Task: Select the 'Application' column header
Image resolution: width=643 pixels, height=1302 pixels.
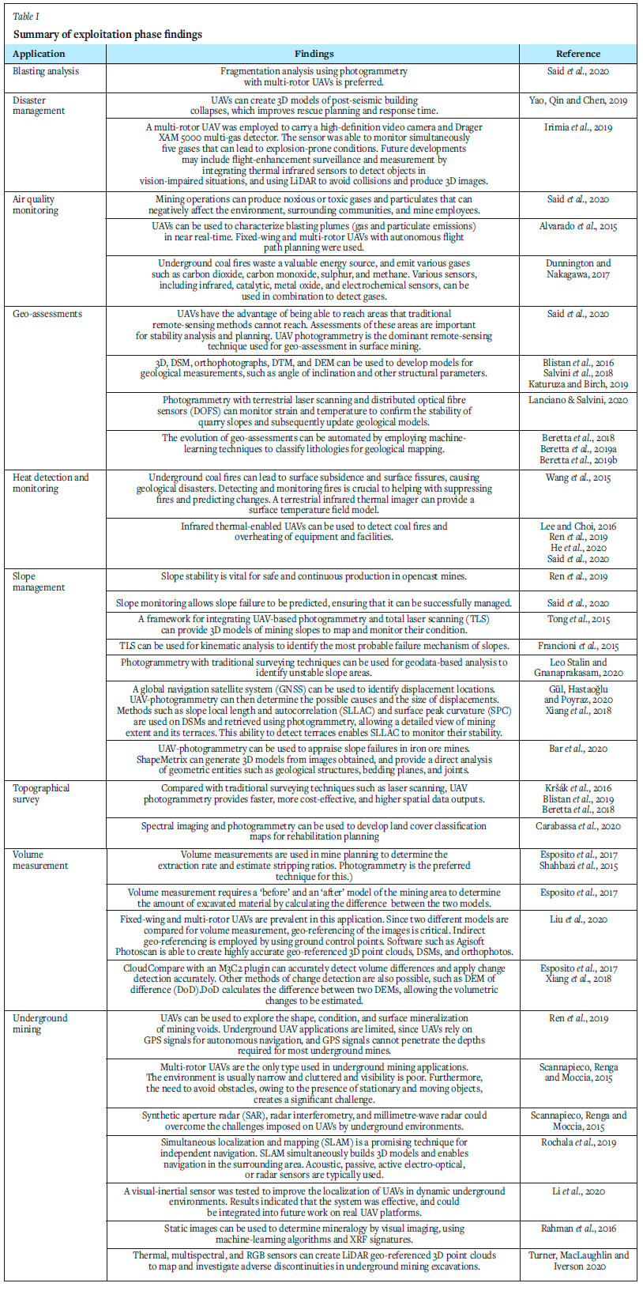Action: pos(39,54)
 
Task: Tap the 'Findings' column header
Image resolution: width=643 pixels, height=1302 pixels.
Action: pos(314,54)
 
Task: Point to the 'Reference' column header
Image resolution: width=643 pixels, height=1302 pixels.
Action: pos(577,54)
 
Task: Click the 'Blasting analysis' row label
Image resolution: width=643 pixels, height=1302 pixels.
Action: pos(46,71)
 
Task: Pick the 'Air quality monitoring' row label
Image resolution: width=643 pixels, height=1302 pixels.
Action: pos(36,205)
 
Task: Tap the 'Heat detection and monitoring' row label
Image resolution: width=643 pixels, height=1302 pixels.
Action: pos(51,483)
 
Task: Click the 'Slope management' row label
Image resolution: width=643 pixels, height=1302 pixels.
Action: pos(39,582)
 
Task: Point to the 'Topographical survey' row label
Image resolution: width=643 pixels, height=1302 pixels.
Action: pos(41,794)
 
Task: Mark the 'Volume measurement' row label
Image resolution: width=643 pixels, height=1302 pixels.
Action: pos(40,860)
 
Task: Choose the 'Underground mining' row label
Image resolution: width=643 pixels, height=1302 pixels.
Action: pos(40,1024)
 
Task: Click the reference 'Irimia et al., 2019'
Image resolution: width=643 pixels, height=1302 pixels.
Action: pos(577,127)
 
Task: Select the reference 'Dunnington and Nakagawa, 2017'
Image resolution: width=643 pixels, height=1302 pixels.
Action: pos(578,269)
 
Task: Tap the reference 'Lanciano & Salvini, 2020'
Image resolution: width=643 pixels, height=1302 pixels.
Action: pos(578,400)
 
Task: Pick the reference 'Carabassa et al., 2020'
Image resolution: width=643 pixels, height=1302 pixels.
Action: pos(578,826)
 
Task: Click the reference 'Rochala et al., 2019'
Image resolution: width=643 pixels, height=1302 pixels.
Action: pos(578,1142)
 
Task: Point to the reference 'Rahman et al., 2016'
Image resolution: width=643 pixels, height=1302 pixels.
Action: pos(578,1228)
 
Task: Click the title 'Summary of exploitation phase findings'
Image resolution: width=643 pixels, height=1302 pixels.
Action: pos(107,34)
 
